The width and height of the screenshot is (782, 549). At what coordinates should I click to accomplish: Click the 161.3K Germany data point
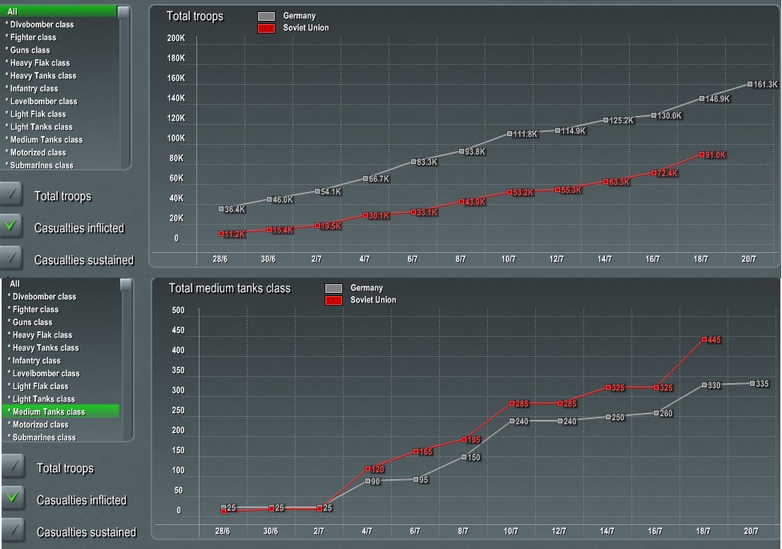[x=750, y=84]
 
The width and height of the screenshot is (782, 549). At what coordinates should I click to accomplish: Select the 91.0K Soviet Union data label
[x=715, y=155]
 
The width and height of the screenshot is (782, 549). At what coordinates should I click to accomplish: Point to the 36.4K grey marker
[x=221, y=209]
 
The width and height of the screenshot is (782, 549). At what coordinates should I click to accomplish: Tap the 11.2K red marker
[x=221, y=234]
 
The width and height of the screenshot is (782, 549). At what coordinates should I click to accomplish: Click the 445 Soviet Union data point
[x=704, y=339]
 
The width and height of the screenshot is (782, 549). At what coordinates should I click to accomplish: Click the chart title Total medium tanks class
[x=229, y=288]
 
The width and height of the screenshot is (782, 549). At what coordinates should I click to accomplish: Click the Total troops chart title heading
[x=195, y=16]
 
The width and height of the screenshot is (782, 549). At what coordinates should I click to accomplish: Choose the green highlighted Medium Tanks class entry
[x=61, y=411]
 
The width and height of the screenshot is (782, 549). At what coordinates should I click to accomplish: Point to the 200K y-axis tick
[x=175, y=38]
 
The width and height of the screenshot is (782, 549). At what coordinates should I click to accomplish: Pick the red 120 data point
[x=367, y=469]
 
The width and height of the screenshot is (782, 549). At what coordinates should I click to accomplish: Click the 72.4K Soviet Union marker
[x=654, y=173]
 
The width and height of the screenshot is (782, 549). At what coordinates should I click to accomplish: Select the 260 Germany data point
[x=656, y=413]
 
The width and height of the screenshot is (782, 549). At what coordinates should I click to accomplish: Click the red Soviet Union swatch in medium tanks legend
[x=333, y=300]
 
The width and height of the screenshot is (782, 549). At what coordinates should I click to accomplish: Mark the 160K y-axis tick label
[x=175, y=78]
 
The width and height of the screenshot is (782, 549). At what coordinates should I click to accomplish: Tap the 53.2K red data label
[x=522, y=193]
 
